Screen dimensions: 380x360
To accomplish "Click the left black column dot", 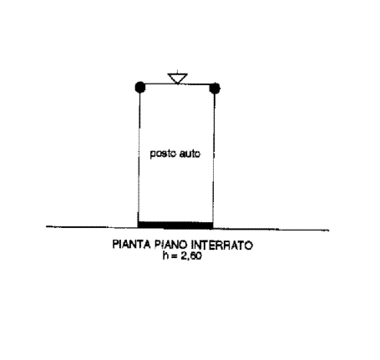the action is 140,87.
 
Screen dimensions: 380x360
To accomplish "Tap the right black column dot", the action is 215,89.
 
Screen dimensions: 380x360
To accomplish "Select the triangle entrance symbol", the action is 177,79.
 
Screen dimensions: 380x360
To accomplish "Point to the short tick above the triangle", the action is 177,72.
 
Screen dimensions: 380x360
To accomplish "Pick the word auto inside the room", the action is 190,154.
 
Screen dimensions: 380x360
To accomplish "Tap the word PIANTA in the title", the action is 131,245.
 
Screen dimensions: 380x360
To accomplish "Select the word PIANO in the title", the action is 171,245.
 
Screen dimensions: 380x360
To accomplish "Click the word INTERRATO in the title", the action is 222,246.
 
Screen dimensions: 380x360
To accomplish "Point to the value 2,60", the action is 191,256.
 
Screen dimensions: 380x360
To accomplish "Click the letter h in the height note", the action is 165,256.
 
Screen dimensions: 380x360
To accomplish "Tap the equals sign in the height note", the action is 175,256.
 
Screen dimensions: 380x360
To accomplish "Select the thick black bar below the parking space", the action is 175,225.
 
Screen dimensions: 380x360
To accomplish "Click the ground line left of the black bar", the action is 92,227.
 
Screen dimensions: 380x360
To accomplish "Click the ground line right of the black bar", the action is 271,230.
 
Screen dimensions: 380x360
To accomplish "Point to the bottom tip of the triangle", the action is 177,84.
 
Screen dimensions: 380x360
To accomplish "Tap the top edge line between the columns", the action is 177,84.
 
